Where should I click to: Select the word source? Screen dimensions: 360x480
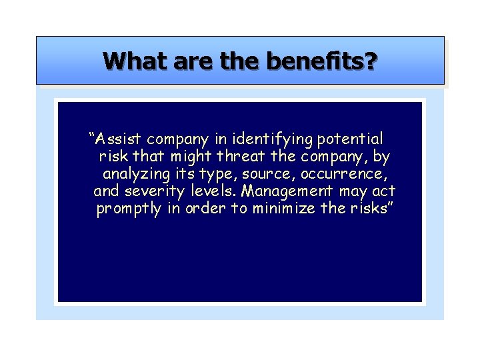(270, 175)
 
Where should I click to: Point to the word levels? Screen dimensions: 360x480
(211, 192)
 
